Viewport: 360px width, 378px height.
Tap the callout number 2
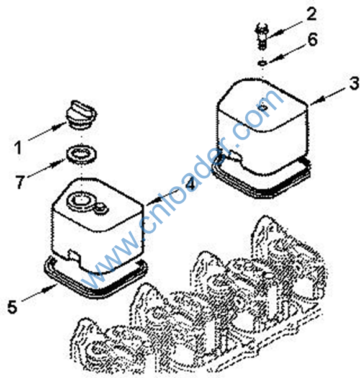click(312, 14)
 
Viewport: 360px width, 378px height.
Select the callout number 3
click(354, 84)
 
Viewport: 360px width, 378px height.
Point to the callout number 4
click(190, 184)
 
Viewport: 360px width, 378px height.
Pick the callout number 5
click(12, 307)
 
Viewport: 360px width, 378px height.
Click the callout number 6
click(312, 40)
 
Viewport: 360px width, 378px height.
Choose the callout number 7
click(20, 182)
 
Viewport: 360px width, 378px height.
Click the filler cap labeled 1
click(81, 114)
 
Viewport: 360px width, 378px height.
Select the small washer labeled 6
click(262, 63)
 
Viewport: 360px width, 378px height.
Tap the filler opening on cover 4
click(79, 200)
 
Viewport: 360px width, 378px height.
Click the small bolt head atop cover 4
click(101, 208)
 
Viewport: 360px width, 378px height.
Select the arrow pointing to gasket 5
click(39, 293)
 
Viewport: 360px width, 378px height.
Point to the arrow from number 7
click(46, 168)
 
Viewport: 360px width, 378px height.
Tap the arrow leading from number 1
click(47, 131)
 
